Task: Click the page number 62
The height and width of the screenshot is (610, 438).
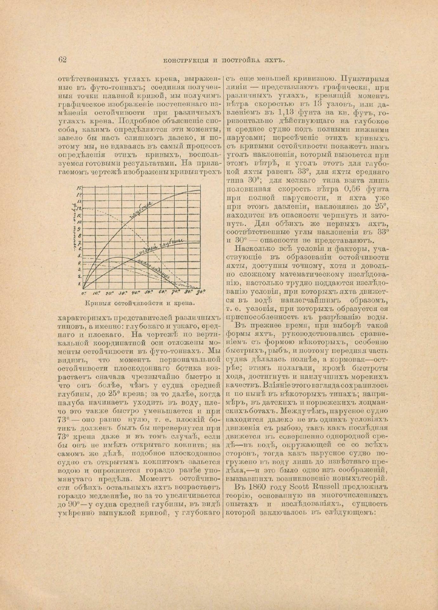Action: pos(62,59)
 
